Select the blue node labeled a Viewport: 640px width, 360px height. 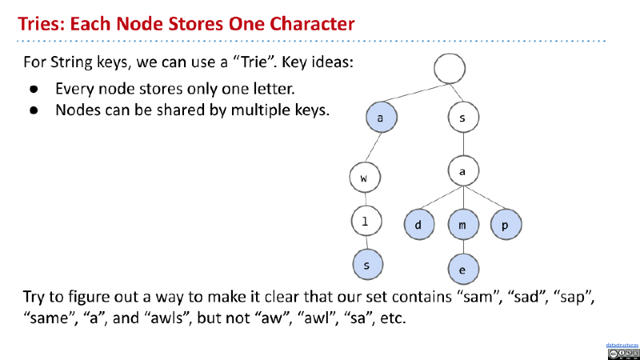[x=381, y=118]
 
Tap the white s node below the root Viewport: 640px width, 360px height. [x=462, y=118]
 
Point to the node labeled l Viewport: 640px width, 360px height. [x=365, y=222]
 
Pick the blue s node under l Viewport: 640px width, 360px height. [x=366, y=265]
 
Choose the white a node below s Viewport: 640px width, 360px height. [x=462, y=172]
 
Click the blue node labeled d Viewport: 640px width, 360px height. [x=418, y=225]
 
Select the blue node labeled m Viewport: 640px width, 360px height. [x=462, y=225]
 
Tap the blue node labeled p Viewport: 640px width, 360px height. [x=506, y=225]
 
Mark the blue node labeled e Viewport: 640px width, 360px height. [x=462, y=270]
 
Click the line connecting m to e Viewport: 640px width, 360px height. [x=462, y=247]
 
